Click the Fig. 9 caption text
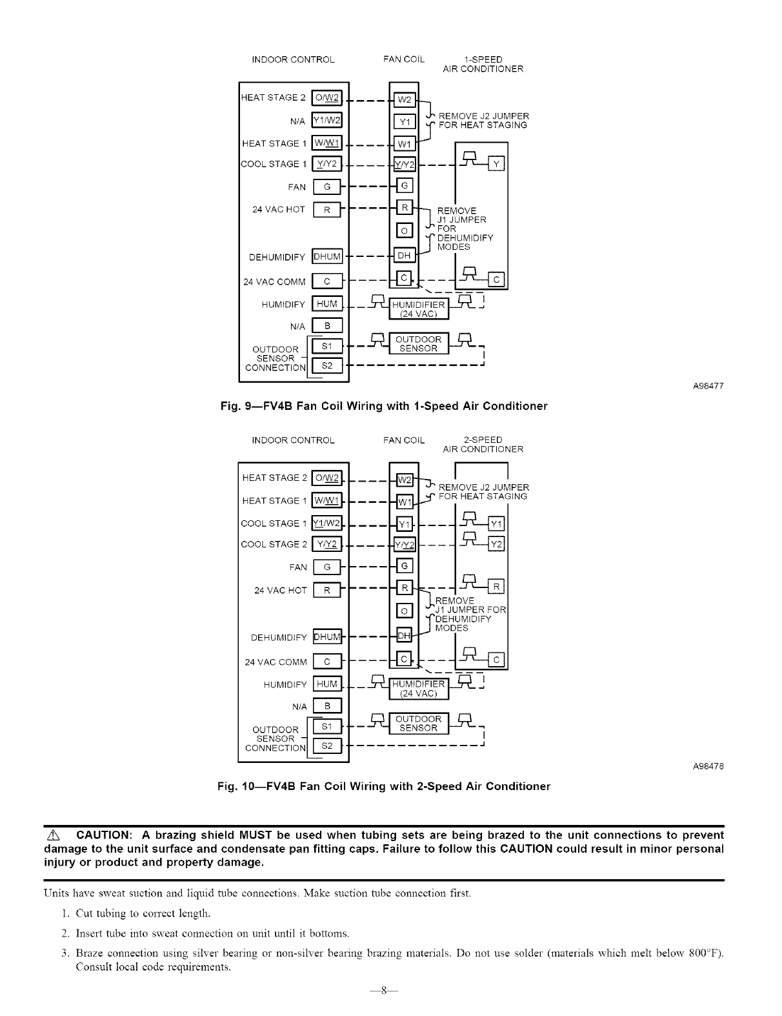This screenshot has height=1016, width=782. point(384,406)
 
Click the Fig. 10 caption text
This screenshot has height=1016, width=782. point(384,786)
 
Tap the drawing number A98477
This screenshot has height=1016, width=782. point(708,386)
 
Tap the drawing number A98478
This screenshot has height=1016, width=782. point(708,766)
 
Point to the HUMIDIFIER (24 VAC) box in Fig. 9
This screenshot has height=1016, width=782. point(419,309)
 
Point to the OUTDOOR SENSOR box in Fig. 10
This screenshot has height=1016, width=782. point(419,724)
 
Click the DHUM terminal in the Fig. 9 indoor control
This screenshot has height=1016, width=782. point(327,256)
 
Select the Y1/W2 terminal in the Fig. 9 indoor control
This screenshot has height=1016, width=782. point(327,120)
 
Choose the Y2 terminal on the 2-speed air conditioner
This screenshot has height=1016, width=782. point(497,544)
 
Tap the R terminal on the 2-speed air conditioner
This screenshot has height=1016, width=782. point(497,587)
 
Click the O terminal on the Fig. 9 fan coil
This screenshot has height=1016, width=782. point(404,230)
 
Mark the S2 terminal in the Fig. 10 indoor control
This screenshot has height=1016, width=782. point(327,746)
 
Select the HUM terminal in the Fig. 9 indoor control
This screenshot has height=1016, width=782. point(327,303)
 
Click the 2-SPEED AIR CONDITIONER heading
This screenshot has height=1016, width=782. point(483,445)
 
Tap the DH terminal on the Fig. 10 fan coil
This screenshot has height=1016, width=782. point(404,636)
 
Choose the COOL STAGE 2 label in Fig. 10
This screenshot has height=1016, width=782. point(274,544)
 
